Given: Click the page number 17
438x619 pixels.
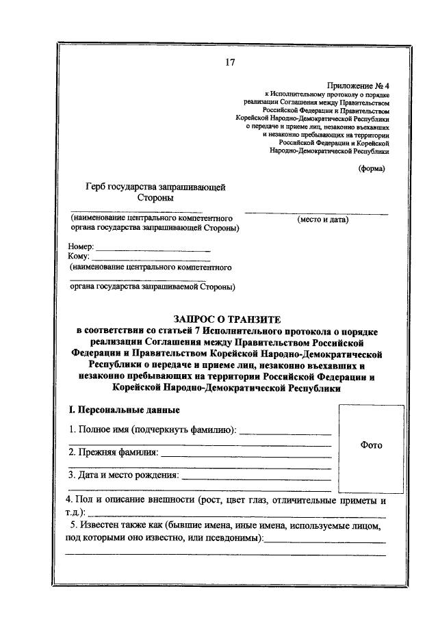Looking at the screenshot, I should (x=229, y=63).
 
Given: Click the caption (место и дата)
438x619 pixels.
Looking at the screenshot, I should (x=322, y=220).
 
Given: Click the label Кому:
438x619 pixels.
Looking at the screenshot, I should (x=79, y=256).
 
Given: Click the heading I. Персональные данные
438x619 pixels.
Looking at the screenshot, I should (x=122, y=410).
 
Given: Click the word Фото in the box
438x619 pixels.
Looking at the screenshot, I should (x=371, y=445).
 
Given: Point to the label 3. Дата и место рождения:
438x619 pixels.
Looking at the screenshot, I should (x=124, y=475).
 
